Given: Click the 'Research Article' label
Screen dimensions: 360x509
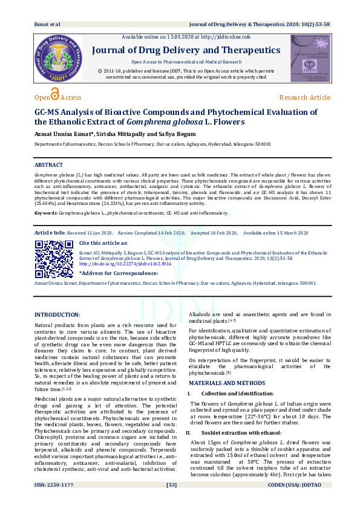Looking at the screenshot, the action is click(304, 97).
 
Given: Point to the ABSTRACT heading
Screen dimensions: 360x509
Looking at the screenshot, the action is click(48, 165).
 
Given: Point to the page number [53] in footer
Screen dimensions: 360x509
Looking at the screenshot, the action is click(171, 502).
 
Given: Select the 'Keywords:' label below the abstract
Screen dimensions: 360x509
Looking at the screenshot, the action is click(46, 213).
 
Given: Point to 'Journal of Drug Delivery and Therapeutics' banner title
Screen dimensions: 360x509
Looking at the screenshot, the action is click(186, 50).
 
